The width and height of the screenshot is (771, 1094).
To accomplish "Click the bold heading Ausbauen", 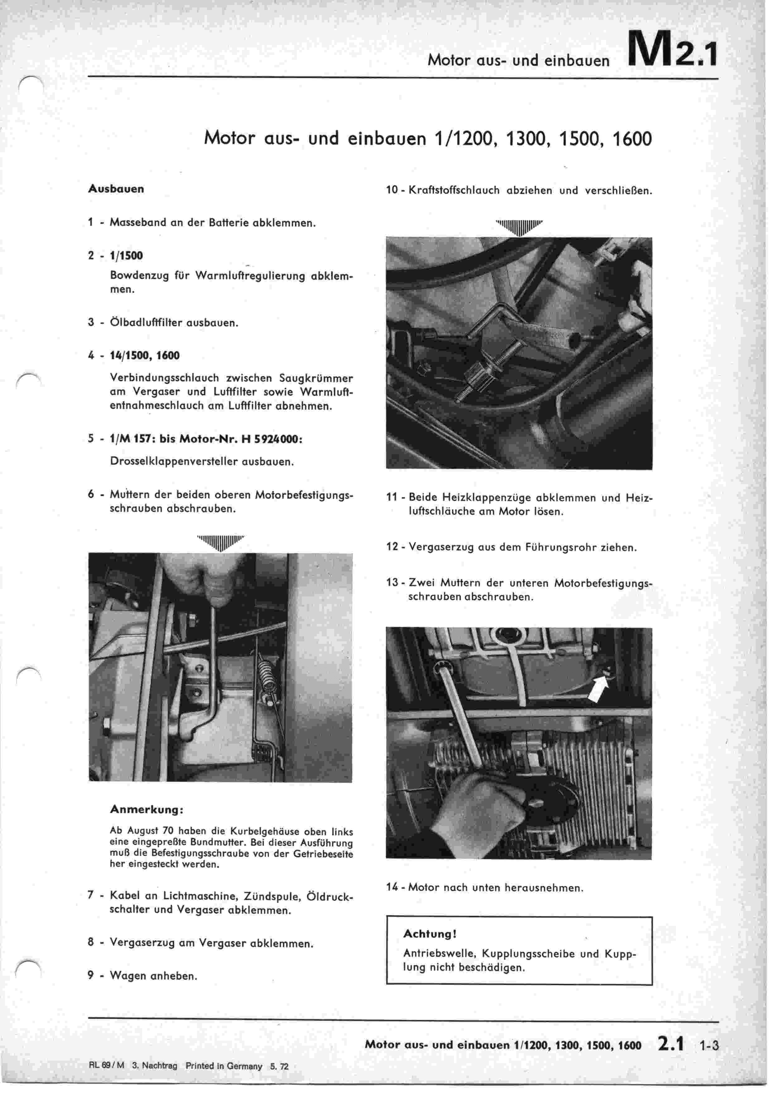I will (x=116, y=189).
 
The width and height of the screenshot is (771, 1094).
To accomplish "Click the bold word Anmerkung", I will (x=147, y=810).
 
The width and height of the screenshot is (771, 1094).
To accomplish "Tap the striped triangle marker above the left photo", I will (x=220, y=542).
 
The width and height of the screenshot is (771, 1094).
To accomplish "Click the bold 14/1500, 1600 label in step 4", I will (x=144, y=355).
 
